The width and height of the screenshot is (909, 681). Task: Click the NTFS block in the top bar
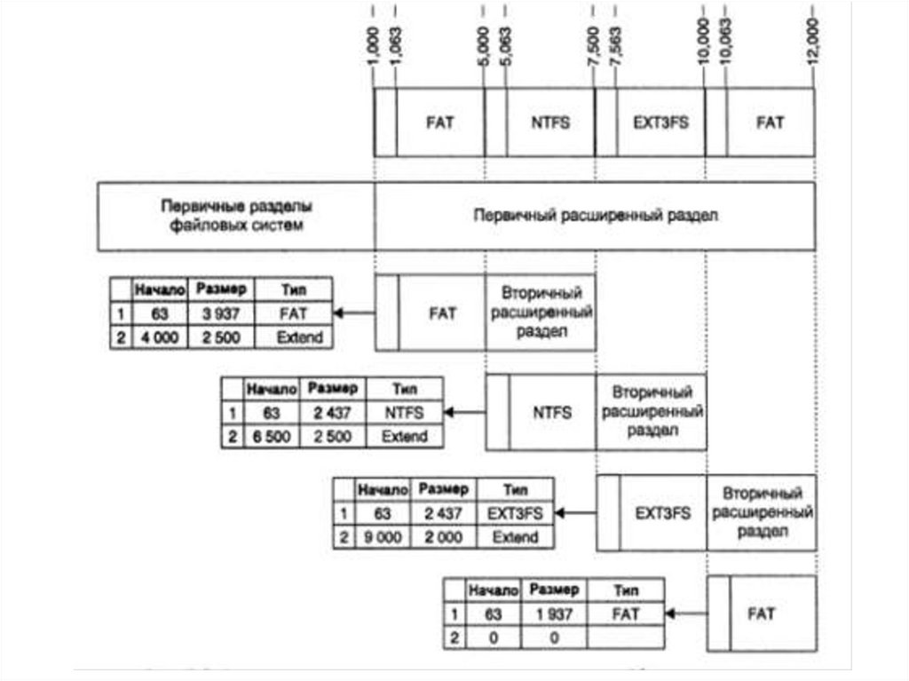(x=549, y=123)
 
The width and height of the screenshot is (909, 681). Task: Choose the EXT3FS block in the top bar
(x=660, y=123)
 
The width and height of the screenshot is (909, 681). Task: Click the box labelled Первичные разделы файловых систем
(x=236, y=217)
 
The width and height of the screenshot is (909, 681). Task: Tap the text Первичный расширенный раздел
(x=595, y=217)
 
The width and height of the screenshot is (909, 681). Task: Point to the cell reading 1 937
(x=552, y=614)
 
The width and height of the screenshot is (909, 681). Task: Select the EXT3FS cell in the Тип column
(x=515, y=513)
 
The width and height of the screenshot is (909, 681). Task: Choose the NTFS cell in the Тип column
(x=404, y=413)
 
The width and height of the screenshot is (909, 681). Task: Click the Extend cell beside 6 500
(x=404, y=436)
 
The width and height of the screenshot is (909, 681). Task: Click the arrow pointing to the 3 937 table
(x=353, y=313)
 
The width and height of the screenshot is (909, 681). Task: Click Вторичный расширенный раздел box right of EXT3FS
(x=762, y=512)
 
